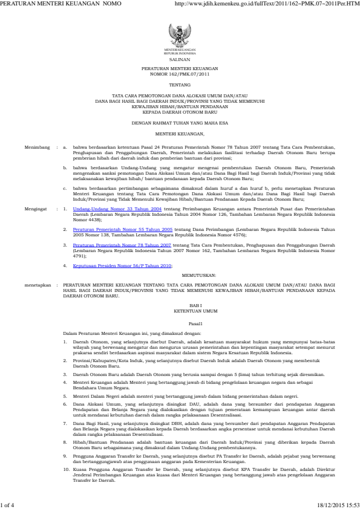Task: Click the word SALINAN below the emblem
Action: tap(180, 60)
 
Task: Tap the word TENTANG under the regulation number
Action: tap(180, 86)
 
